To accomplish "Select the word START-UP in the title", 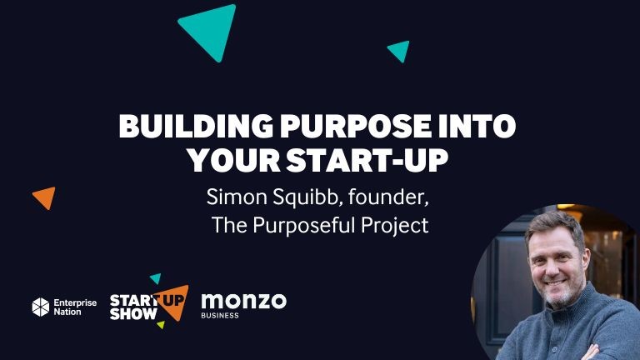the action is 367,160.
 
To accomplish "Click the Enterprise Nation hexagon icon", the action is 41,307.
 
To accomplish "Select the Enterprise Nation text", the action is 75,307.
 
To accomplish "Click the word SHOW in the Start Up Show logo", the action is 133,314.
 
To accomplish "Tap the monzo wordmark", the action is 244,301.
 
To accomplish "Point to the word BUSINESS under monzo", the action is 220,316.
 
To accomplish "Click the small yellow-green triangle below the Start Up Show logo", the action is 161,324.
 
